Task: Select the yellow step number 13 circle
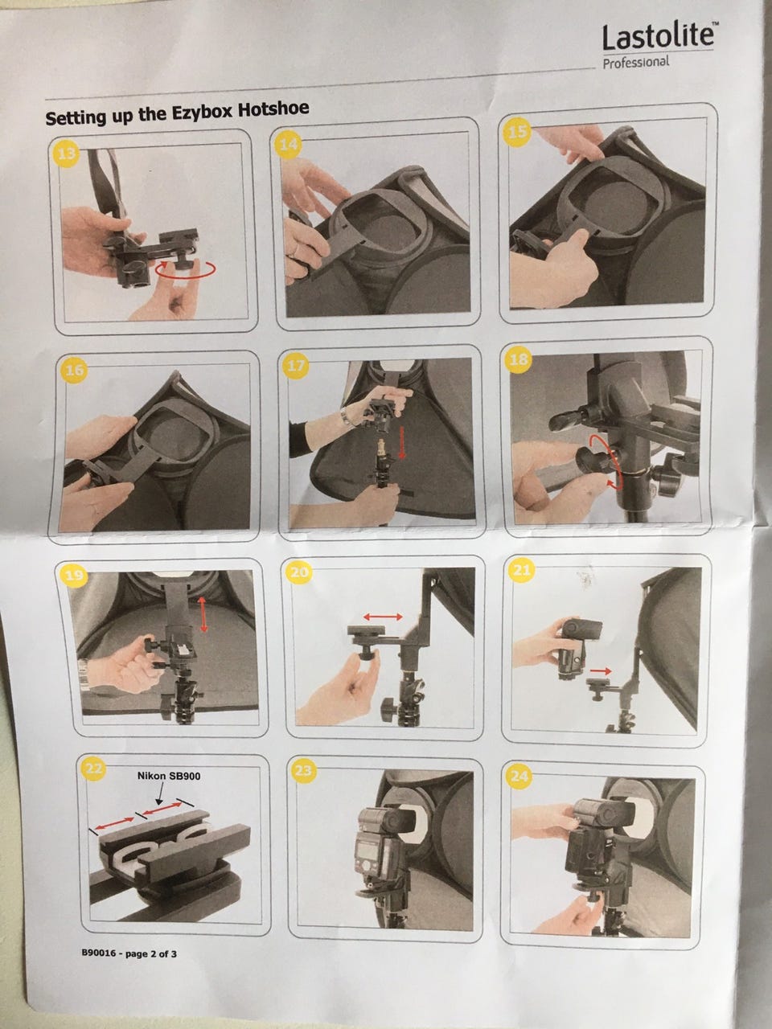[67, 153]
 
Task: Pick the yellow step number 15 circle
[517, 132]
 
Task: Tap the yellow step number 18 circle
[519, 359]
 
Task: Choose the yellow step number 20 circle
[300, 573]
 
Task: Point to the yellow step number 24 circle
[519, 777]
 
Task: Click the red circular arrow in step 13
[186, 269]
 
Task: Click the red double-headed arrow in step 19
[203, 613]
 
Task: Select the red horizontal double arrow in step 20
[383, 617]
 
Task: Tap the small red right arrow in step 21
[601, 670]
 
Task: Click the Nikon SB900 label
[169, 776]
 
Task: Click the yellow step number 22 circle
[93, 769]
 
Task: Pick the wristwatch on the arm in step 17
[346, 416]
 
